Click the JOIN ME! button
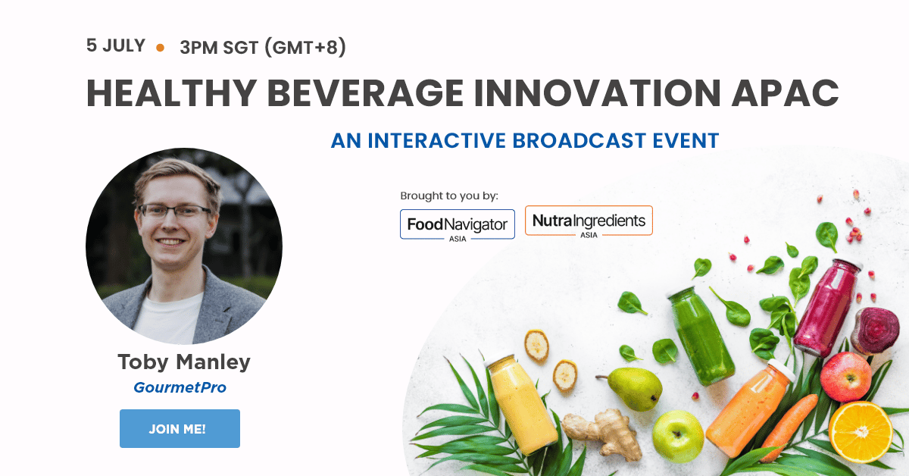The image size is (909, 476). (180, 428)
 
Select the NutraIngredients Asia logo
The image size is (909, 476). (589, 222)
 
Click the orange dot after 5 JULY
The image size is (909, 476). (161, 48)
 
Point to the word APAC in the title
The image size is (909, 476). (786, 93)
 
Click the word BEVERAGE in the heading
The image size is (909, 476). (365, 93)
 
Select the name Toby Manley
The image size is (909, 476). (184, 362)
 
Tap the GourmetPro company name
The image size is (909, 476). (180, 387)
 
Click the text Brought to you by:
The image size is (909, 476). (449, 196)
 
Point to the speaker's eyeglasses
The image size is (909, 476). (175, 211)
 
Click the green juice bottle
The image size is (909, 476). (700, 335)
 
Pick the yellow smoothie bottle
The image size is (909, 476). (521, 404)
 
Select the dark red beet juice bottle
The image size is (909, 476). (826, 308)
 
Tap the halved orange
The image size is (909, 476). (861, 432)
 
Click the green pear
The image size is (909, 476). (634, 389)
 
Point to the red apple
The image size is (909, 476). (845, 377)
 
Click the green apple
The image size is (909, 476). (678, 437)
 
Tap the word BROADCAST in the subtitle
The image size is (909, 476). (579, 140)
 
